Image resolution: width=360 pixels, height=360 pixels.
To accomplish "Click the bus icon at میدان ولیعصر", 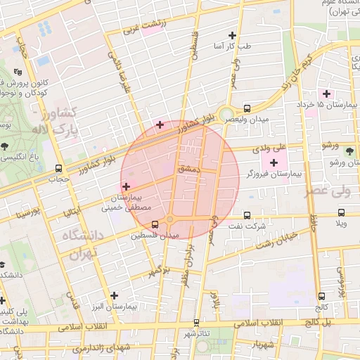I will click(247, 108).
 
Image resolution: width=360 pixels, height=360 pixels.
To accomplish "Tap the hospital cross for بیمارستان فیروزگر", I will click(274, 162).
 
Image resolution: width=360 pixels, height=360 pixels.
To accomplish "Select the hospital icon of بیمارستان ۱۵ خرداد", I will click(326, 94).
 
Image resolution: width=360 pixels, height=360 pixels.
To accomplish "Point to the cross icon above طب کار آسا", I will click(233, 34).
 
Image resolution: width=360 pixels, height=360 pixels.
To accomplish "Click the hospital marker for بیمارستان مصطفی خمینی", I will click(126, 186).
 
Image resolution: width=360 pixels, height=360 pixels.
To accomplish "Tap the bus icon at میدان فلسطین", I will click(155, 225).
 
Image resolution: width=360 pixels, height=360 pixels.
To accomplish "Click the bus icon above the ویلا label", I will click(341, 212).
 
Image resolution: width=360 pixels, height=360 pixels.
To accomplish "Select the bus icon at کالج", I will click(322, 296).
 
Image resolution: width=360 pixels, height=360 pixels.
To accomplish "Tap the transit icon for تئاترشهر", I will click(195, 322).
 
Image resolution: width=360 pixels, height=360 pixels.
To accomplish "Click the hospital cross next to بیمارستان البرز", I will click(114, 296).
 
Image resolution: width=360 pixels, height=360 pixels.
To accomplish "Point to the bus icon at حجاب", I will click(58, 168).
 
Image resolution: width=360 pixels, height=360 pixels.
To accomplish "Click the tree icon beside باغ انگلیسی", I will click(6, 146).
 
